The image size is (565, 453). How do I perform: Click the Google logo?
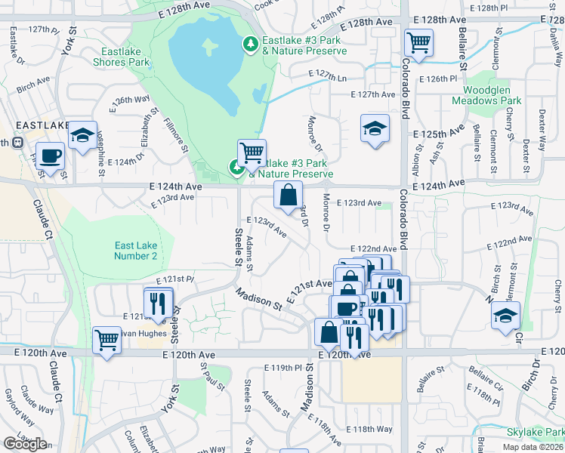(x=25, y=444)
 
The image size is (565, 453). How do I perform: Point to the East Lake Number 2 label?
(x=136, y=251)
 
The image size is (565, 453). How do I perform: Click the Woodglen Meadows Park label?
(x=487, y=95)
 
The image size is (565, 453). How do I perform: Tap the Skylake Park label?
(x=535, y=431)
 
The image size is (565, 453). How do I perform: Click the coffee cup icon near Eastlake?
(x=51, y=156)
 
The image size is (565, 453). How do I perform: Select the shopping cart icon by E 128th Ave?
(x=418, y=42)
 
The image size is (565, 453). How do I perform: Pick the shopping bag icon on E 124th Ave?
(x=288, y=196)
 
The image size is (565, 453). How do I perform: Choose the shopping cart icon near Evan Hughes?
(x=107, y=341)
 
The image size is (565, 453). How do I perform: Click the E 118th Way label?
(x=372, y=429)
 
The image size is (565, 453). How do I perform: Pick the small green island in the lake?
(x=208, y=45)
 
